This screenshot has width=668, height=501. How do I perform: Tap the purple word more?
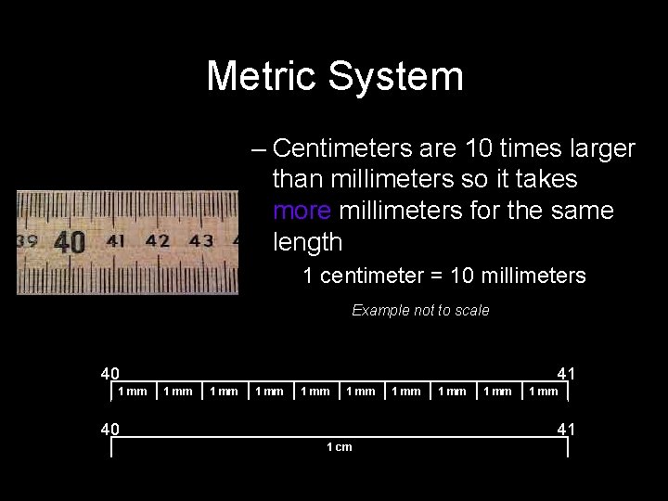coord(303,211)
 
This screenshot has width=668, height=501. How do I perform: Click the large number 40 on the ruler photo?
coord(70,243)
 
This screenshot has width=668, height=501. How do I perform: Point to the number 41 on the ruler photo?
coord(117,241)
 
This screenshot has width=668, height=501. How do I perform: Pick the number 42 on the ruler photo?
coord(158,241)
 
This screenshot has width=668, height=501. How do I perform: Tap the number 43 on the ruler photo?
coord(200,241)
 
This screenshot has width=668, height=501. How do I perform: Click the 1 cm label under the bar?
coord(339,447)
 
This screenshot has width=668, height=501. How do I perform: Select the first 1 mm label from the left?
coord(133,391)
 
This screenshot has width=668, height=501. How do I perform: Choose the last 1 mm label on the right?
coord(543,391)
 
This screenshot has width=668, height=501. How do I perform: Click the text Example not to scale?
coord(420,311)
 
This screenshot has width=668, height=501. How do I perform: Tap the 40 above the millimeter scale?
coord(110,374)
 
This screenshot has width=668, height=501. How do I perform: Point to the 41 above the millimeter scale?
coord(567,374)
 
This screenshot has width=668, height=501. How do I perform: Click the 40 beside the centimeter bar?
coord(110,429)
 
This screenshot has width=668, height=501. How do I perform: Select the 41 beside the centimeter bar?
coord(567,429)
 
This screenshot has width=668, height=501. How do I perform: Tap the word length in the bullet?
coord(308,242)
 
